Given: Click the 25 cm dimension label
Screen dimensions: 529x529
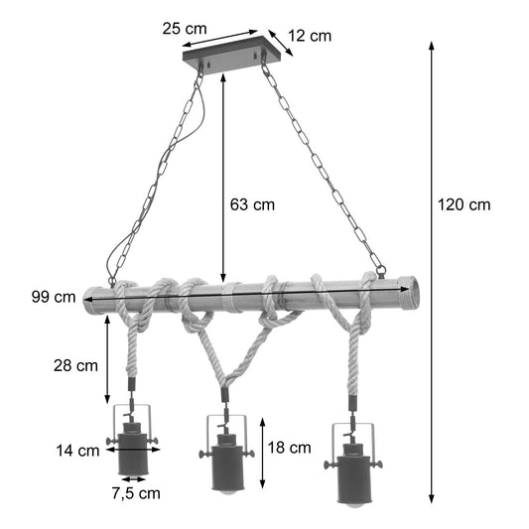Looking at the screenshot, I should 186,29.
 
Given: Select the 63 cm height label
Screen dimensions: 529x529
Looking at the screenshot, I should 252,205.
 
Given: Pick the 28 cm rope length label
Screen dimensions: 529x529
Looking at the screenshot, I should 75,364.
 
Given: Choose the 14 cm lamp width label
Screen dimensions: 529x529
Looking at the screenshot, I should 77,451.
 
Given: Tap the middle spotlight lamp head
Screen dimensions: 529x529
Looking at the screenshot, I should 228,454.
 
